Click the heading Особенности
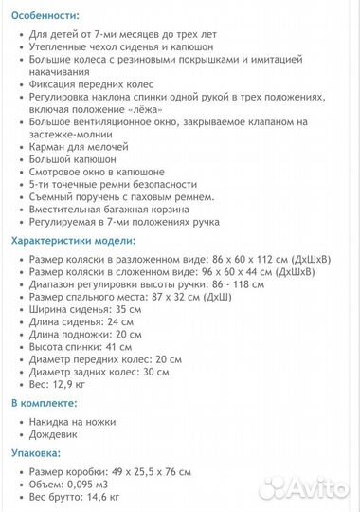[x=45, y=16]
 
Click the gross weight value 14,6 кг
[x=97, y=496]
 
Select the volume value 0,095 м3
[x=84, y=484]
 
